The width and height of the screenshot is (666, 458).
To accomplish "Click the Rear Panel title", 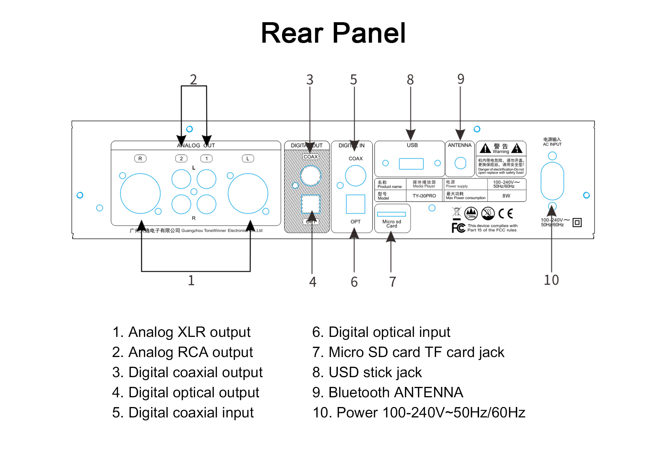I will click(x=333, y=33).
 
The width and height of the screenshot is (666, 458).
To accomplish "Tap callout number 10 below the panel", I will click(x=551, y=280).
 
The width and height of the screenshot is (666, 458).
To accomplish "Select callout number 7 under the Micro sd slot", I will click(x=392, y=282).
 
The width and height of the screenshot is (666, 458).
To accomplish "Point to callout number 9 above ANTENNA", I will click(x=461, y=79).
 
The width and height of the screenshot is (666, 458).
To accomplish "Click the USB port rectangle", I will click(x=411, y=164).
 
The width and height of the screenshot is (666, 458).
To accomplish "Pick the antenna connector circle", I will click(x=460, y=163).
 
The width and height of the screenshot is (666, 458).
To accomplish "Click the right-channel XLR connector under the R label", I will click(x=140, y=193).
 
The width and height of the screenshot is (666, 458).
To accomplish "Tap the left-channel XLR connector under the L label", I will click(x=248, y=193).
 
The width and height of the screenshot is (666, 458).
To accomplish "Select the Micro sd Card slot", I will click(x=391, y=214).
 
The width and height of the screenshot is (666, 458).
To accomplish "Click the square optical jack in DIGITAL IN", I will click(x=355, y=204).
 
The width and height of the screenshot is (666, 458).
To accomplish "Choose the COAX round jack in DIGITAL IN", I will click(x=355, y=176).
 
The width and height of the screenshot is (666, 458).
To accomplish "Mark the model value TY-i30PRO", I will click(x=424, y=196).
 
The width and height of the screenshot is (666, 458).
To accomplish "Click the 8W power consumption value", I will click(x=506, y=196).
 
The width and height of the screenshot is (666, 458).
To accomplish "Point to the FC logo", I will click(x=458, y=228).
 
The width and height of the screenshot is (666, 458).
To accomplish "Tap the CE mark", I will click(x=505, y=213).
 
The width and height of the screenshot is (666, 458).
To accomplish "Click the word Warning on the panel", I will click(x=501, y=152).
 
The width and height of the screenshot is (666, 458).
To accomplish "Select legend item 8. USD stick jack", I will click(x=367, y=372).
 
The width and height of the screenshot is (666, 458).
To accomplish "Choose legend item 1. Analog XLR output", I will click(x=181, y=332).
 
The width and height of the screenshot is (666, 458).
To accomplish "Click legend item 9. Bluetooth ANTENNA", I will click(x=387, y=392).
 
